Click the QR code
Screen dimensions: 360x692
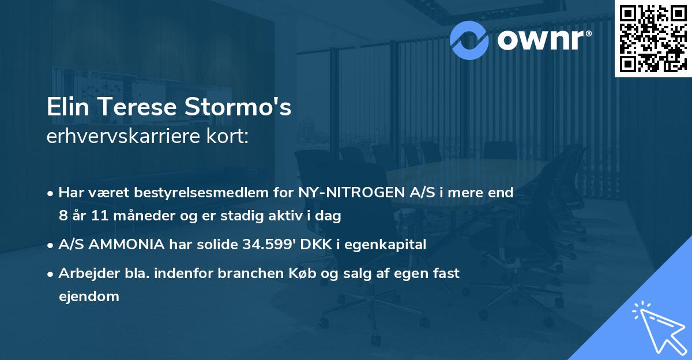point(653,38)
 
